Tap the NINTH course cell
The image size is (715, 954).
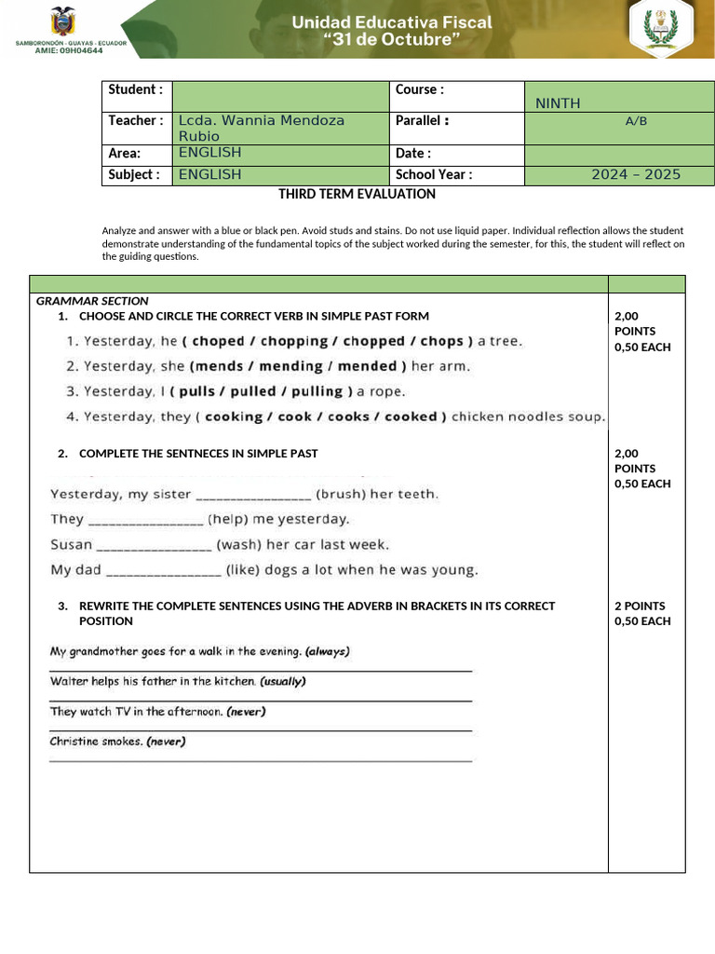(x=558, y=103)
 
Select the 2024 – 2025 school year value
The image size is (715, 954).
(x=636, y=174)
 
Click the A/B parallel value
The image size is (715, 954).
(x=636, y=120)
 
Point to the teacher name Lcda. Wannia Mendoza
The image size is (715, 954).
(x=262, y=120)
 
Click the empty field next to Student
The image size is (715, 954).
(x=279, y=96)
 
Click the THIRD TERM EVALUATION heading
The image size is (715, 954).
(x=357, y=194)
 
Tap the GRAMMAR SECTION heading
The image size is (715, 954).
(x=92, y=301)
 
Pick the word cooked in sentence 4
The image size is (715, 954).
(x=411, y=417)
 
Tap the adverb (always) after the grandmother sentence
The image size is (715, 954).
(x=328, y=651)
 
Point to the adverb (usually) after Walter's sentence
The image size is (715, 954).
(x=283, y=681)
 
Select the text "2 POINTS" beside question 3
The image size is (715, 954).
(x=640, y=606)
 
